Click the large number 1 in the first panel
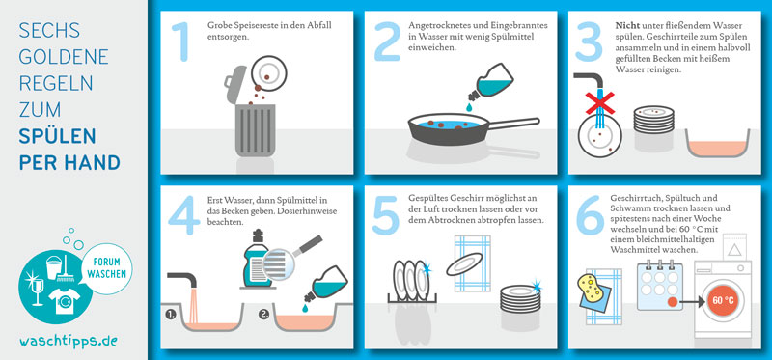183,42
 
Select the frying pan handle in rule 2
513,124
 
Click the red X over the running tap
599,103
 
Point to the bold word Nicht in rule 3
624,26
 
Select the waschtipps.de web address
68,341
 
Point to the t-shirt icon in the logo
65,301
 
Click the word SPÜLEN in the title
57,136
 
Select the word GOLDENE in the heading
64,57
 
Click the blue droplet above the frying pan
469,107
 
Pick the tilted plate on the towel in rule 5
464,263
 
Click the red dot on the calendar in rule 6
671,300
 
